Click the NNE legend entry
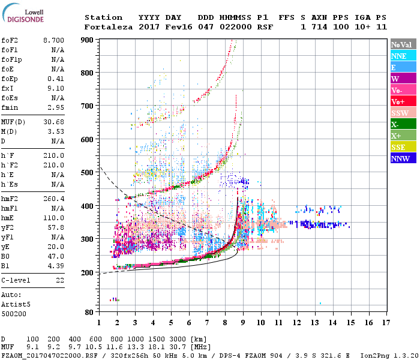tap(402, 56)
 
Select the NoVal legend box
tap(402, 44)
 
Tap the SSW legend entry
tap(402, 113)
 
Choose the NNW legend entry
tap(402, 158)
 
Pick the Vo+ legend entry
tap(402, 101)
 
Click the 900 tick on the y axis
tap(88, 40)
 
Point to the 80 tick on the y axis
tap(89, 312)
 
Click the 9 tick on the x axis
tap(243, 322)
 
